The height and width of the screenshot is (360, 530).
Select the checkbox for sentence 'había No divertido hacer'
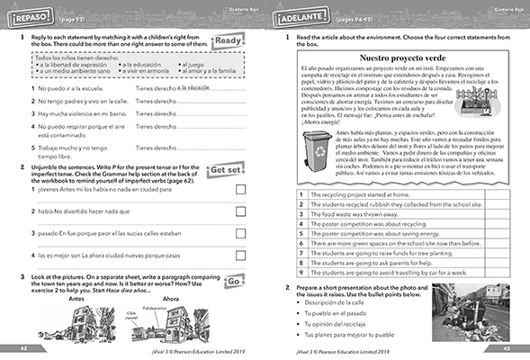tap(240, 211)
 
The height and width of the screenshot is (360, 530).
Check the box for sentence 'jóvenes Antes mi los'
tap(240, 189)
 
